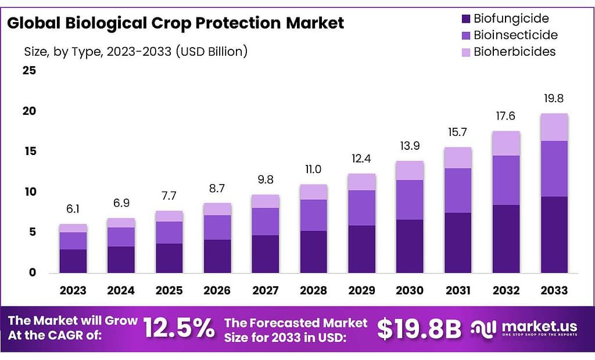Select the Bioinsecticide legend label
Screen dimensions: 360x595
tap(515, 35)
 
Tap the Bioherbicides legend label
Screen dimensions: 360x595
tap(514, 52)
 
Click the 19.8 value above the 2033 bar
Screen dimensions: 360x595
tap(553, 99)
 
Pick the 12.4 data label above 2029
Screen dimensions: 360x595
tap(361, 159)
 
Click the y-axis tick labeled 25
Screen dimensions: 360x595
tap(29, 71)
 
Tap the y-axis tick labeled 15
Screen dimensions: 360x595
tap(29, 152)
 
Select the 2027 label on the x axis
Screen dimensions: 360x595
tap(265, 290)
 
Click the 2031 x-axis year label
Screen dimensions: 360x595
tap(457, 290)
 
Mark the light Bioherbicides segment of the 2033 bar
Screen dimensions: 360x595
tap(554, 127)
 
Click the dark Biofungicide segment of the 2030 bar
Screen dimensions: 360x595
tap(410, 246)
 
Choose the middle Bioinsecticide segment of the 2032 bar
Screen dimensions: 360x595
tap(506, 180)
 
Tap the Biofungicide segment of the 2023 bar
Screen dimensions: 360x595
tap(73, 261)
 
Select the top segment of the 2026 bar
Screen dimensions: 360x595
tap(217, 209)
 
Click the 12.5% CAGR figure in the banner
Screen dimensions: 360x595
tap(179, 329)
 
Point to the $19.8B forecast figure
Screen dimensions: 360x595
tap(419, 329)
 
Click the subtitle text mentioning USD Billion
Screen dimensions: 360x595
tap(136, 51)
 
